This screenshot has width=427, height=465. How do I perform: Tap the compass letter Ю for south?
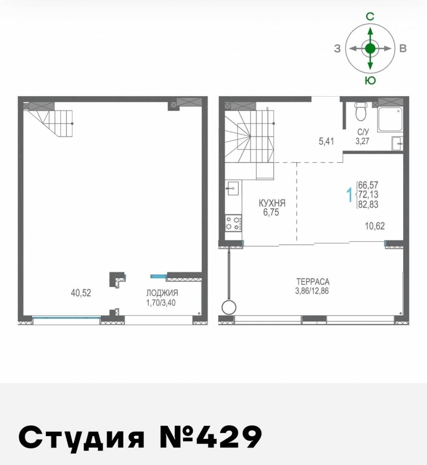pyautogui.click(x=370, y=80)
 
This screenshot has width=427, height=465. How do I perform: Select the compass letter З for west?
pyautogui.click(x=337, y=48)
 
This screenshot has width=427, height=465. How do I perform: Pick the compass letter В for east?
pyautogui.click(x=403, y=48)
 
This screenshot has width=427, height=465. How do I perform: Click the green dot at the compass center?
pyautogui.click(x=370, y=48)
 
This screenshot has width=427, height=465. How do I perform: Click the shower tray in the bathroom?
pyautogui.click(x=390, y=119)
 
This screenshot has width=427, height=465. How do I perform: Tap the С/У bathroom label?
pyautogui.click(x=362, y=133)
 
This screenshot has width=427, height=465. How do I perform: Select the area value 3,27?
pyautogui.click(x=362, y=141)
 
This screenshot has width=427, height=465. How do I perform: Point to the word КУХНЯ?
pyautogui.click(x=272, y=203)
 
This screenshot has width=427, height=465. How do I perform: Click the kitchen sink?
pyautogui.click(x=233, y=188)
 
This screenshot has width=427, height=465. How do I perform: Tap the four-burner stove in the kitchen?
pyautogui.click(x=233, y=223)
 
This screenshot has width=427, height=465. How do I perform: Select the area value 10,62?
pyautogui.click(x=375, y=226)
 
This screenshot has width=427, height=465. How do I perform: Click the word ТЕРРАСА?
pyautogui.click(x=313, y=281)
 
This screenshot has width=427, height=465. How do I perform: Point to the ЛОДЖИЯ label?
pyautogui.click(x=162, y=293)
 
